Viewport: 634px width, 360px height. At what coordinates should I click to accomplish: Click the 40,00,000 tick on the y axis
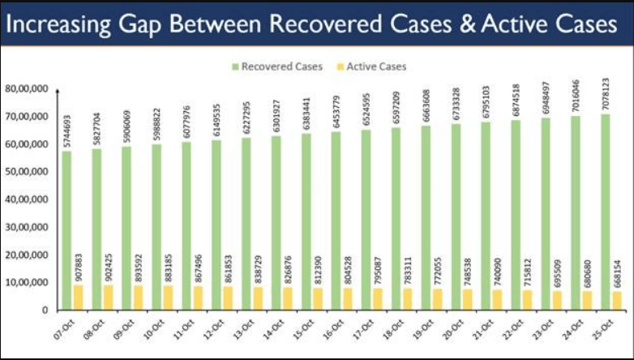pos(27,199)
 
